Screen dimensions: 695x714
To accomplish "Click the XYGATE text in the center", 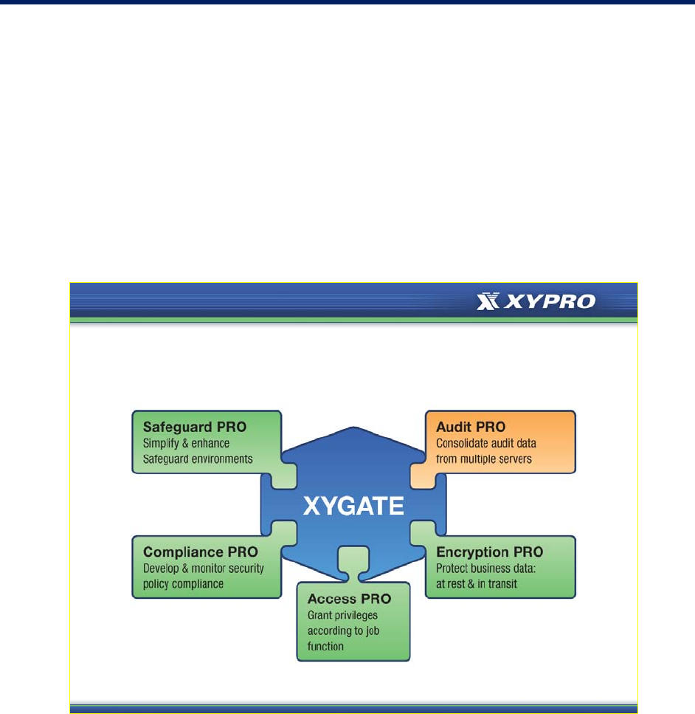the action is click(353, 506).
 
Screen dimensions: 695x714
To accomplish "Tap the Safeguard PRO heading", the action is click(195, 427).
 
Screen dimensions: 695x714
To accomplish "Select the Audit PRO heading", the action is click(471, 427).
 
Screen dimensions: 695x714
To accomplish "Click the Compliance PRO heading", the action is click(201, 552).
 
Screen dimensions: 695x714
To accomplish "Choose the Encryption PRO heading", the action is click(490, 552).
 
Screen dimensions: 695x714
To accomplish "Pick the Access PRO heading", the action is click(350, 598).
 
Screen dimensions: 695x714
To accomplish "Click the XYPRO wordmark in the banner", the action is click(550, 301).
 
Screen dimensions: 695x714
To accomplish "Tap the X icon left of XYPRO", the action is click(488, 301).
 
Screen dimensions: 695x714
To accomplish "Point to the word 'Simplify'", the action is click(161, 444).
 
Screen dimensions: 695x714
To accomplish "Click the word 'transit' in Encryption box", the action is click(502, 584).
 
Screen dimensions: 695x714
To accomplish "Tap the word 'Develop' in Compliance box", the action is click(161, 569).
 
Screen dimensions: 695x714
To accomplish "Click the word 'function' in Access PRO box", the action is click(325, 646).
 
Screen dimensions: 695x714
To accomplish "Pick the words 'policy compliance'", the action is click(183, 584).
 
